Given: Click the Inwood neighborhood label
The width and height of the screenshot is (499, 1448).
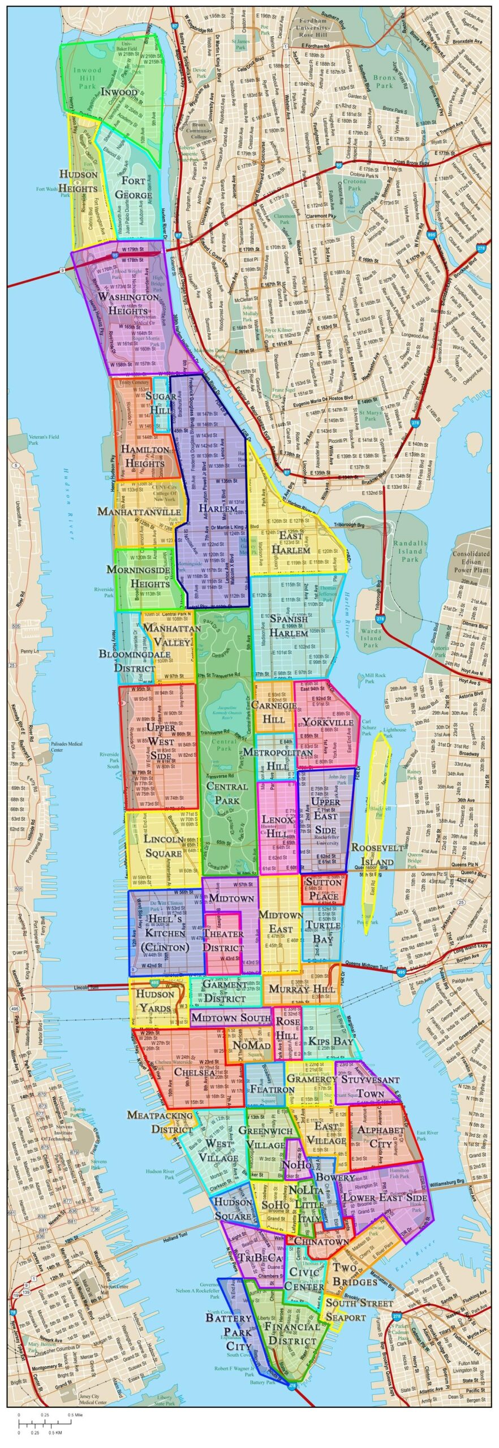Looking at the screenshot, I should point(119,92).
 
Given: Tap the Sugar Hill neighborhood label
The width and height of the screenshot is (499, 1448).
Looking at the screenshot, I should point(161,403).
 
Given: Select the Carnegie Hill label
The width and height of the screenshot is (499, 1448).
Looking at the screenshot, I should point(274,712).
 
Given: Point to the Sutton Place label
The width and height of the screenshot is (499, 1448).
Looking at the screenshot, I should point(324,889).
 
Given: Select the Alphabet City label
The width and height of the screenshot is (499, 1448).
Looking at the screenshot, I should point(381,1136).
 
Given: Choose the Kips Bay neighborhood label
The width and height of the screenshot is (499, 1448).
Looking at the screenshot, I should point(331,1041).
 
